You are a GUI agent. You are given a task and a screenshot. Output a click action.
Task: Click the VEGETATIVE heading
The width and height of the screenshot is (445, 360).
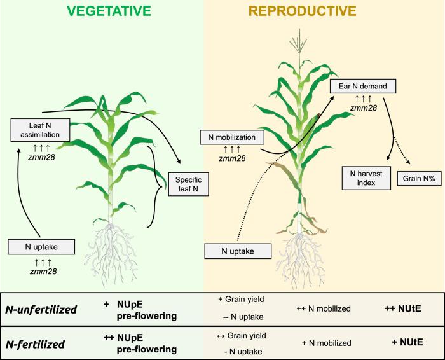[102, 11]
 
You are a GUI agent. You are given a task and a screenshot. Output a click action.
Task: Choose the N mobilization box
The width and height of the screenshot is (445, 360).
[228, 136]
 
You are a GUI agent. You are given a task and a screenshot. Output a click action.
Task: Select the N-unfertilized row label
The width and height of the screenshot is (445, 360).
[41, 310]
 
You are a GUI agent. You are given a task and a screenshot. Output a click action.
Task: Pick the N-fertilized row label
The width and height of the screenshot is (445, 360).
[36, 343]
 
